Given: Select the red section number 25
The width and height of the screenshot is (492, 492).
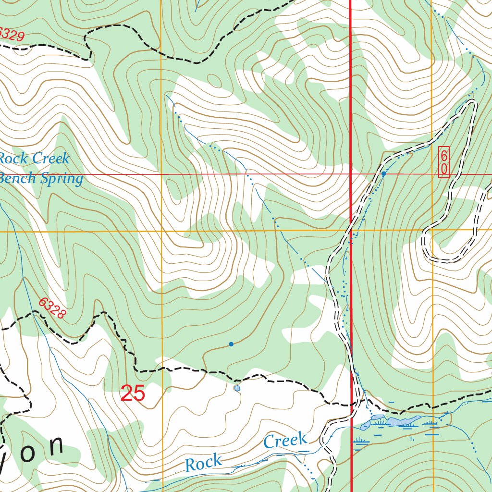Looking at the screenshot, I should tap(133, 394).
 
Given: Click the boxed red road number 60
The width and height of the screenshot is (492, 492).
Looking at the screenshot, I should tap(444, 162).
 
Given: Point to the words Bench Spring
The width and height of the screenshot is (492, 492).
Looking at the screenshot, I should tap(41, 179).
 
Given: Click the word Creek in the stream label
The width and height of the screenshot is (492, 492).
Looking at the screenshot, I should tap(285, 440).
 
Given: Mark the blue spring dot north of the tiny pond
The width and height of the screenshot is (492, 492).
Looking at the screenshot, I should tap(231, 344).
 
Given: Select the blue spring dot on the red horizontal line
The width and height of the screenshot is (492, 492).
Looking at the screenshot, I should tap(384, 174).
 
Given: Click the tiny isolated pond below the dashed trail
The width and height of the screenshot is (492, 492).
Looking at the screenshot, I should tap(237, 388).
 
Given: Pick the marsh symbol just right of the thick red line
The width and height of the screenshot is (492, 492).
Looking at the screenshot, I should tap(360, 442).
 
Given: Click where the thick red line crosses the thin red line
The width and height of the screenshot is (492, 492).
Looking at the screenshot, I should tap(351, 174).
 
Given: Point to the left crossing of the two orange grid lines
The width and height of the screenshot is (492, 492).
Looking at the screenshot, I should tap(162, 231).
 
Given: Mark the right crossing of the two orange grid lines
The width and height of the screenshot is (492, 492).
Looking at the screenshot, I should tap(432, 230).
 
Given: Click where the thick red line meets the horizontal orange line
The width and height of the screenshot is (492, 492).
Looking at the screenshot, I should tap(351, 231).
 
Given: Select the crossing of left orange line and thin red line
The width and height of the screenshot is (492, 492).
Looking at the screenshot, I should tap(162, 174).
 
